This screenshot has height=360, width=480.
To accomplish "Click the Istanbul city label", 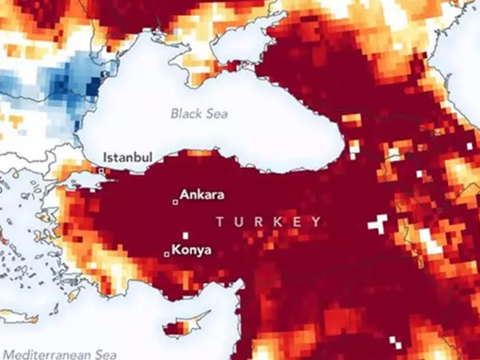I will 128,158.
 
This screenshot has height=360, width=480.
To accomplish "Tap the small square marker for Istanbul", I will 101,170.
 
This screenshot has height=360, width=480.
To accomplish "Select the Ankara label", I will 202,195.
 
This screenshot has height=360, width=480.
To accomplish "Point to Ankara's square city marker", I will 175,202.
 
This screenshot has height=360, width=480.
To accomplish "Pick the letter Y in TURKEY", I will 316,222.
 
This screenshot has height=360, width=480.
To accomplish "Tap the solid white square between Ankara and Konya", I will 187,234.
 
